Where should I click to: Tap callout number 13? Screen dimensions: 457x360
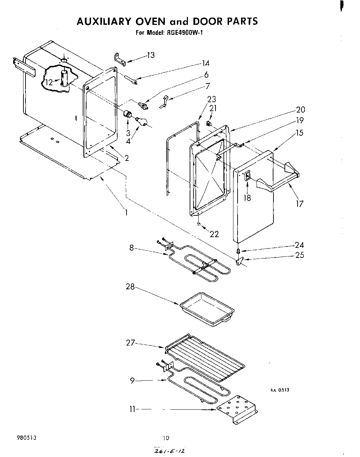[x=151, y=55]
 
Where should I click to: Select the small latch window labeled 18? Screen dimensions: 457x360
[x=248, y=177]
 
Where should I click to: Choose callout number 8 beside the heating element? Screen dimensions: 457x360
[x=131, y=247]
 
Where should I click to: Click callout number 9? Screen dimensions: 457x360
[x=132, y=381]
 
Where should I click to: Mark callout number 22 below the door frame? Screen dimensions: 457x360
[x=214, y=234]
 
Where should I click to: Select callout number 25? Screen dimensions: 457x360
[x=299, y=255]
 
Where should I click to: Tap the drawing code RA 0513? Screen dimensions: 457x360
[x=279, y=390]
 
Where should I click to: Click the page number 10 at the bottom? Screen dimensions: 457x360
[x=166, y=438]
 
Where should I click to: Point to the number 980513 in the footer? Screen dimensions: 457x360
[x=27, y=438]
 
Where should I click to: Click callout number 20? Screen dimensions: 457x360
[x=300, y=110]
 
